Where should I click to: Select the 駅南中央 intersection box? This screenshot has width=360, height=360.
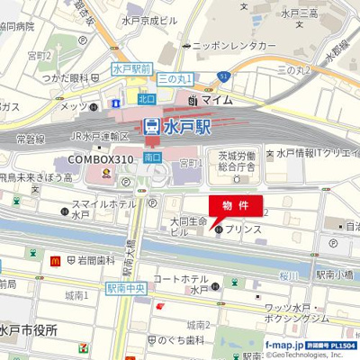126,289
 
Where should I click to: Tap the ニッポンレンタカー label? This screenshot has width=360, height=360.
234,44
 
